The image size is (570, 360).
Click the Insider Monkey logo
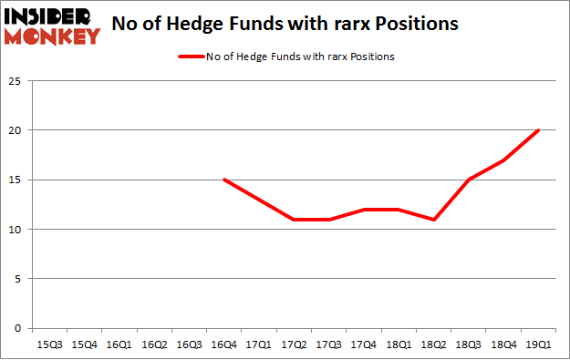tap(51, 26)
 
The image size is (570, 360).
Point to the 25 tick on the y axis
tap(16, 81)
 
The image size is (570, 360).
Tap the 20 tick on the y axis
tap(16, 130)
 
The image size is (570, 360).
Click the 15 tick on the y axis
tap(16, 180)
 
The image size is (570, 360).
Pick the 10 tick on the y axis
tap(16, 230)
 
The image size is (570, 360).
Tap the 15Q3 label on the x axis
tap(49, 345)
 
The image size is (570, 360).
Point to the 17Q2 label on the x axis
tap(294, 345)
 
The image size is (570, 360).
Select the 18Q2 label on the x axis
tap(433, 345)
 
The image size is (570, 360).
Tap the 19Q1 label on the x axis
tap(538, 345)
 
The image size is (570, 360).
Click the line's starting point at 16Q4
tap(223, 180)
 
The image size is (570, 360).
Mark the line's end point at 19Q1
tap(538, 130)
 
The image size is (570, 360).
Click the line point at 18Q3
tap(468, 180)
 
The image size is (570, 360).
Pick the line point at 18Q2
tap(433, 220)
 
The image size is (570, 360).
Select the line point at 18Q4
tap(503, 160)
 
